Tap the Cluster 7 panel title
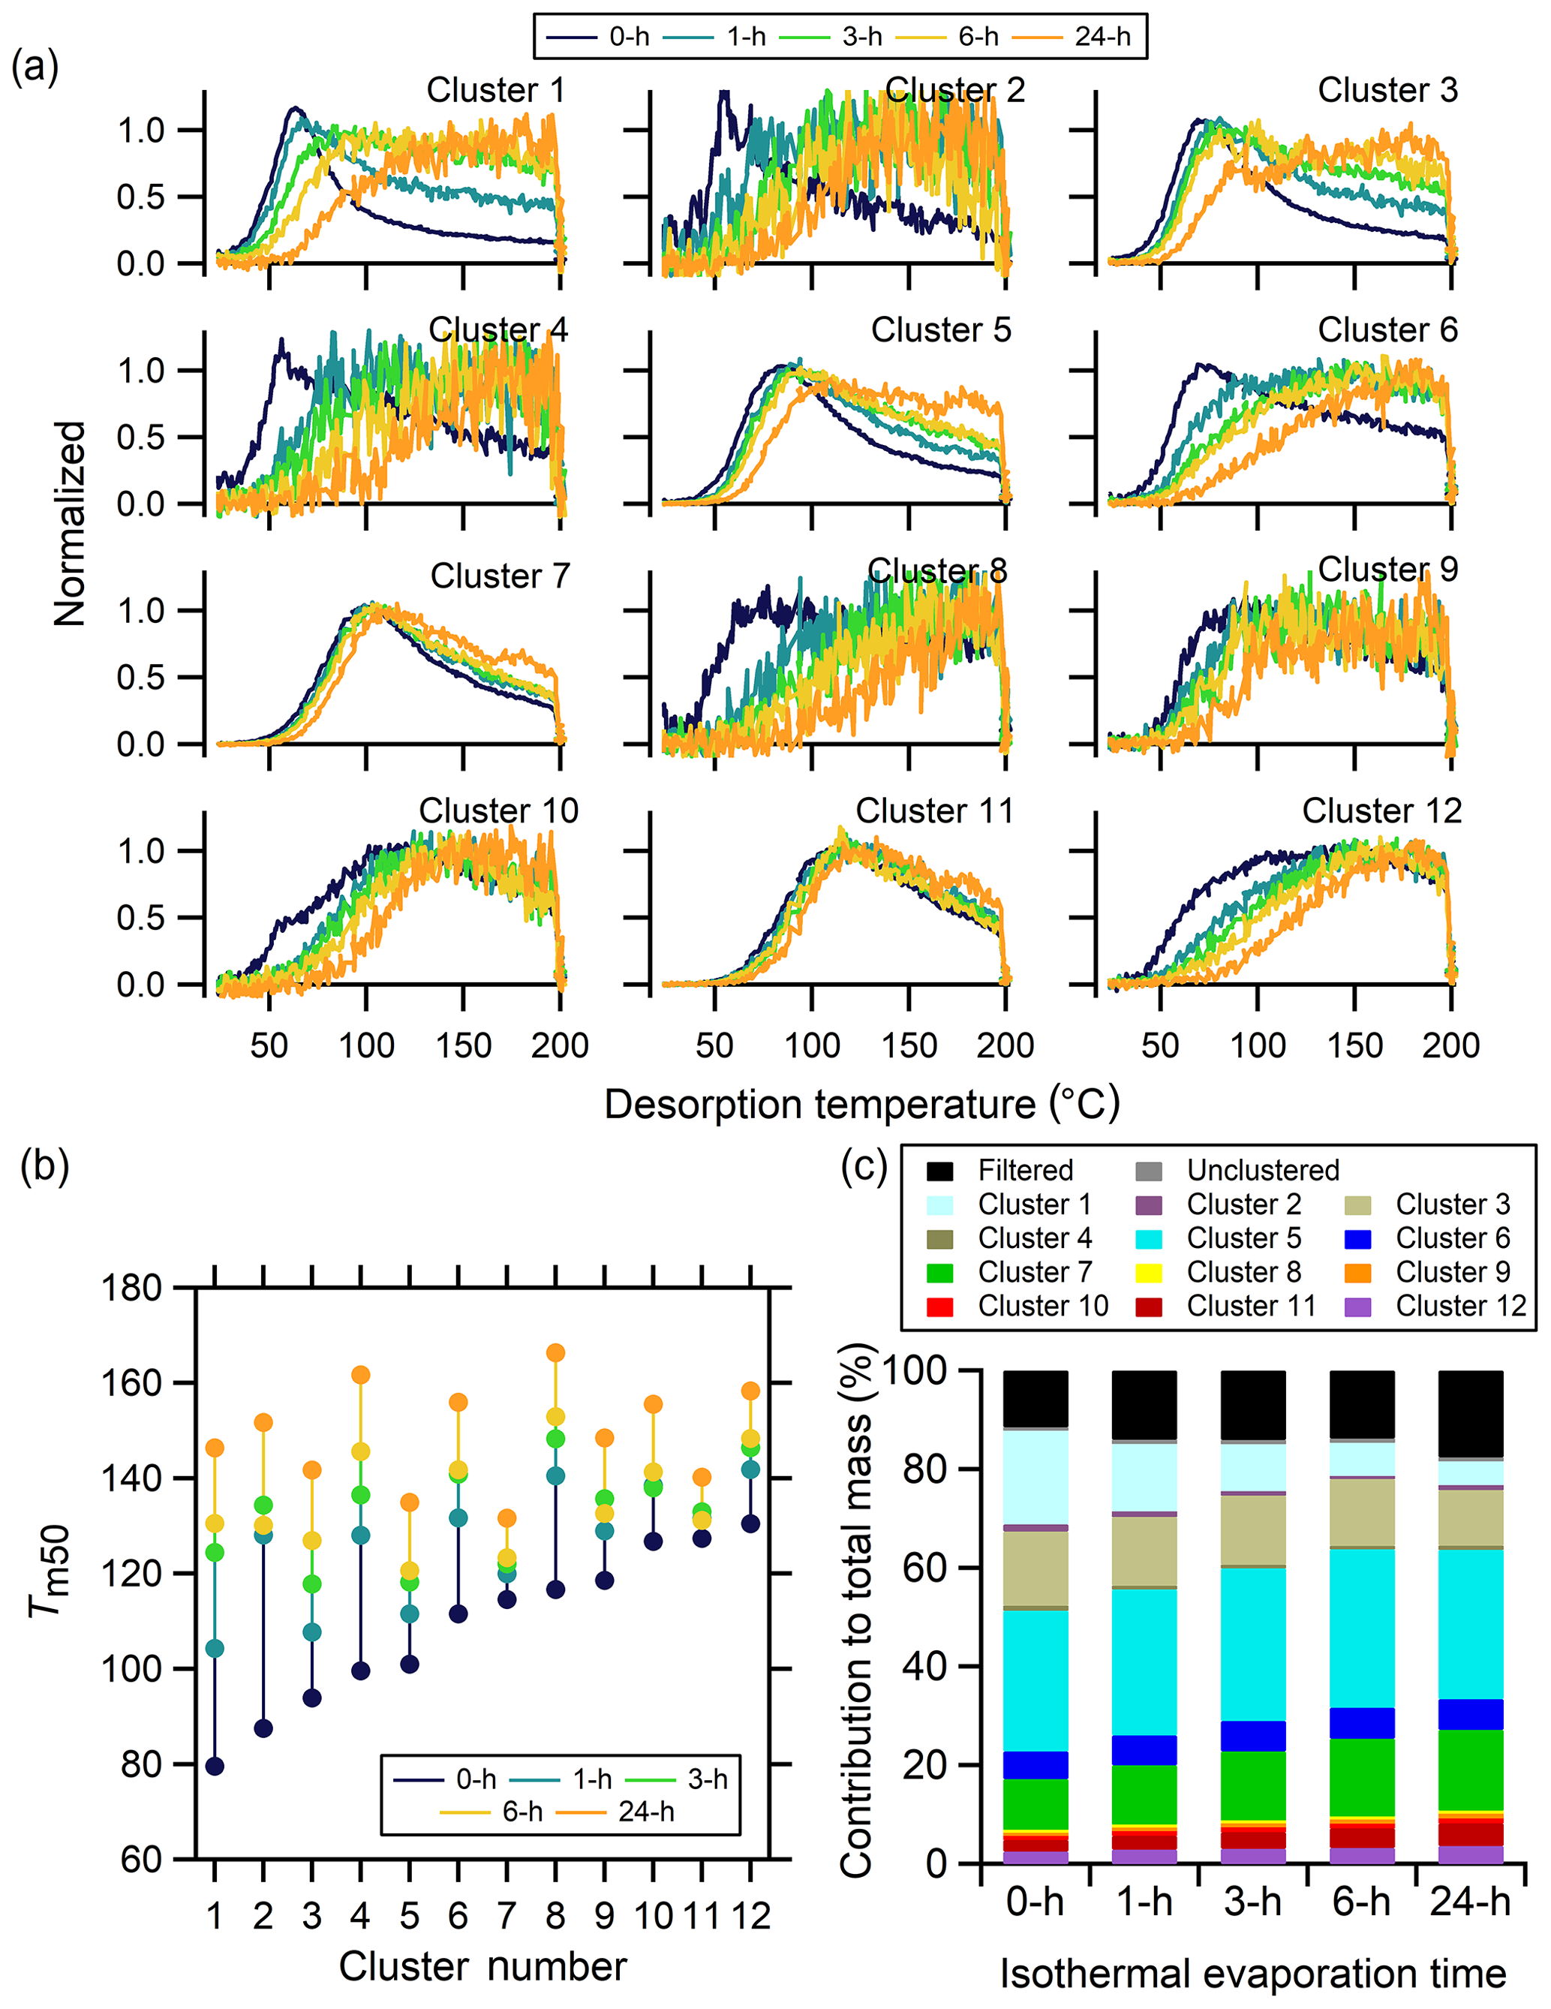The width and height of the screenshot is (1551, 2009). [500, 576]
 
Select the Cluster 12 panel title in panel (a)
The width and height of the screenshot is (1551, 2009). [1381, 811]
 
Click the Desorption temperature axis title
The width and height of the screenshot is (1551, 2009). [862, 1104]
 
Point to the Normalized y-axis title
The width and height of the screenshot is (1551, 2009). [70, 525]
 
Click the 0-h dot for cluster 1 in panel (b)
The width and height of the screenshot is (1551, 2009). [215, 1766]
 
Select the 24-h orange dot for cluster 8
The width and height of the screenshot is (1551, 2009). [555, 1353]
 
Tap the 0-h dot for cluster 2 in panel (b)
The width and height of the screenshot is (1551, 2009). [263, 1728]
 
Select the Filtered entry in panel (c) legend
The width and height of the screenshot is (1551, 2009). [1025, 1170]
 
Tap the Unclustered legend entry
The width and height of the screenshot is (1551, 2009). [1262, 1170]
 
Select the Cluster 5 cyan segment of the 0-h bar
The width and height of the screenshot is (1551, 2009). [1035, 1680]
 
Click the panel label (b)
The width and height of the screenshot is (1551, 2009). [44, 1166]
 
